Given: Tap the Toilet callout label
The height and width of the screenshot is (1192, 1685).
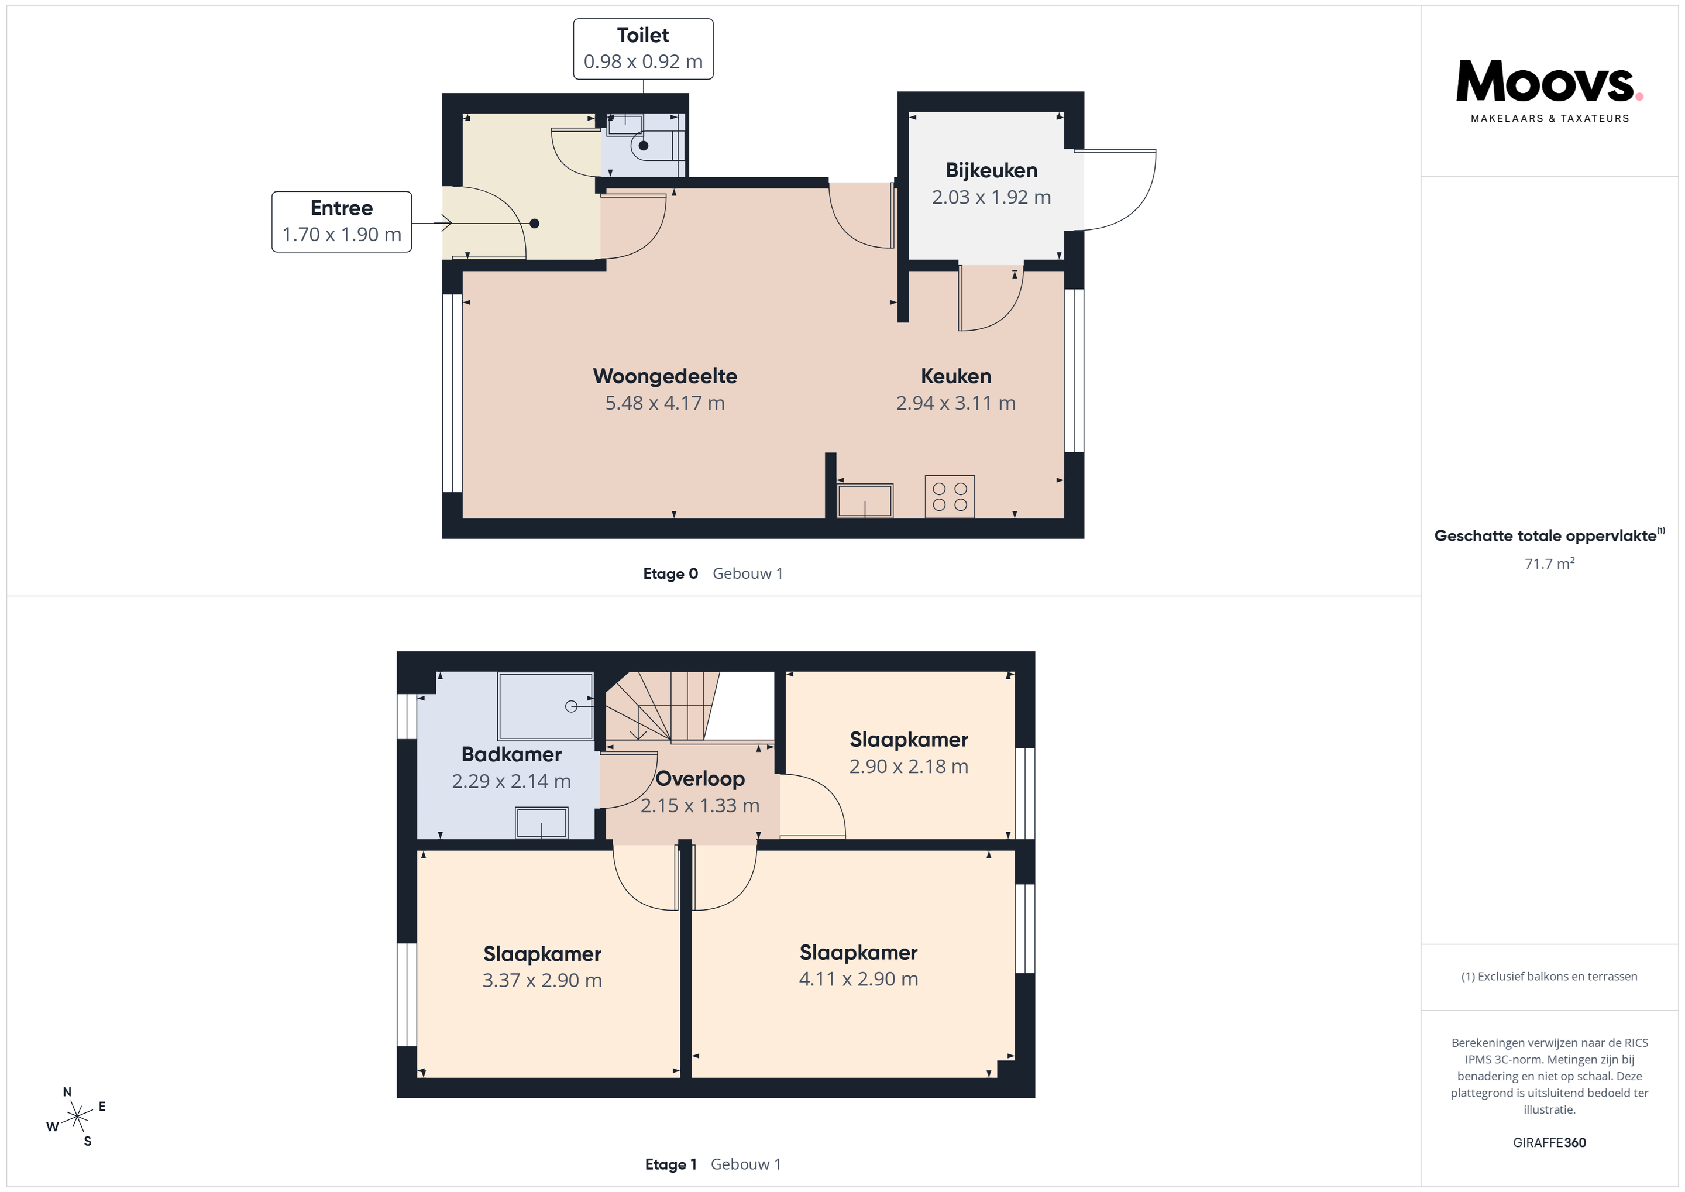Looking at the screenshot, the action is (x=643, y=49).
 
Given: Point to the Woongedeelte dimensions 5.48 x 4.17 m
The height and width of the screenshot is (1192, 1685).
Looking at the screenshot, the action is (x=665, y=403).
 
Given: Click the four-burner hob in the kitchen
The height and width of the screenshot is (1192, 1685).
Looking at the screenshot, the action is (x=950, y=496).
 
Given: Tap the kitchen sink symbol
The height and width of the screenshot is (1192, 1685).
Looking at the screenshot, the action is (x=865, y=500).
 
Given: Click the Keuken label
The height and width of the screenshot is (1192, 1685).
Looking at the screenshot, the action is (x=955, y=376).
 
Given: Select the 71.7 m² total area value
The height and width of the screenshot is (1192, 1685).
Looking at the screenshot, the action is (x=1549, y=563).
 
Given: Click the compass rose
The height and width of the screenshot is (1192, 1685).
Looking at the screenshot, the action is (x=76, y=1117).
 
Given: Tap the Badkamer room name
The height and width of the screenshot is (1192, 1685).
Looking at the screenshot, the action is (x=511, y=754).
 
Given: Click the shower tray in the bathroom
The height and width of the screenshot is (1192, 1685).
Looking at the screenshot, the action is (x=545, y=706).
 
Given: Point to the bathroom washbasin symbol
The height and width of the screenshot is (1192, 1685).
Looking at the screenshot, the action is (x=542, y=822).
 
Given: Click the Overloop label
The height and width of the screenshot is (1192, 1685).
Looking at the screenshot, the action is (x=700, y=778).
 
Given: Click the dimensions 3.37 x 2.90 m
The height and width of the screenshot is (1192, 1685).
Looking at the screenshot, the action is (x=542, y=981).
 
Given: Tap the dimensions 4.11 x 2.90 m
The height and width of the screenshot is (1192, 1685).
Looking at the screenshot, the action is (x=859, y=979).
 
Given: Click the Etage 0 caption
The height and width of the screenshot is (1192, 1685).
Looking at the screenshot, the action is (x=670, y=573).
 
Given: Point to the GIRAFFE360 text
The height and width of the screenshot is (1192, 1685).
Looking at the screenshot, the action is (x=1549, y=1142).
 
